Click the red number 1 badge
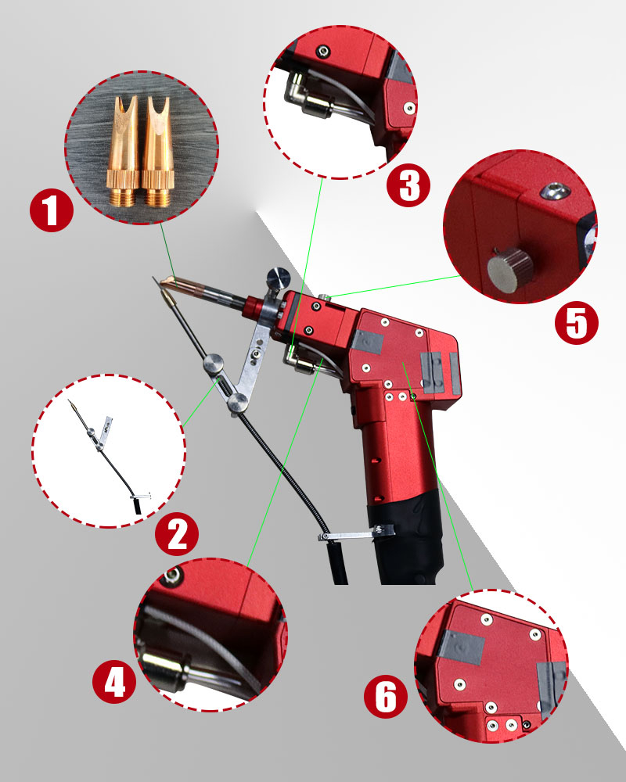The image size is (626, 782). tap(52, 212)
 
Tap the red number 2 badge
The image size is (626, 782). tap(177, 534)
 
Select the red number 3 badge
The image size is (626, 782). tap(408, 185)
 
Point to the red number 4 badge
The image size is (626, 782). tap(114, 681)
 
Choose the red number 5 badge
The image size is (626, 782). tap(577, 323)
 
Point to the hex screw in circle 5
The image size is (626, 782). tap(552, 190)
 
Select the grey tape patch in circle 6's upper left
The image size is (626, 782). tap(461, 647)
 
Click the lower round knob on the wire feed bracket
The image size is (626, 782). tap(237, 401)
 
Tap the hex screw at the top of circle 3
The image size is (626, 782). tap(325, 50)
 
